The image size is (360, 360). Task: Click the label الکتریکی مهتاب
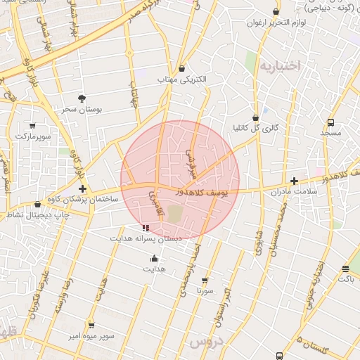[x=182, y=80]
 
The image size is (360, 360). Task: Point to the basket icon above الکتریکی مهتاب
[x=182, y=69]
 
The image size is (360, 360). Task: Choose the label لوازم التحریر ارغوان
[x=275, y=22]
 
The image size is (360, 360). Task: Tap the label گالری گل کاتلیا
[x=255, y=129]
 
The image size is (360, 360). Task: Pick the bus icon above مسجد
[x=330, y=121]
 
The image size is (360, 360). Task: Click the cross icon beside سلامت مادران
[x=294, y=182]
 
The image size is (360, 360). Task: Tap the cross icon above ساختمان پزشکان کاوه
[x=83, y=189]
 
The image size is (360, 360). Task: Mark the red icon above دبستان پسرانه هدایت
[x=146, y=228]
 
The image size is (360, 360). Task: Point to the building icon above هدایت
[x=153, y=258]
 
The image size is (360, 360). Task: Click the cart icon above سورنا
[x=205, y=279]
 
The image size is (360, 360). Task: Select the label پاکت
[x=345, y=279]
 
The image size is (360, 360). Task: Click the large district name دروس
[x=206, y=343]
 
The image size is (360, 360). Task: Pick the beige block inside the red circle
[x=174, y=214]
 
